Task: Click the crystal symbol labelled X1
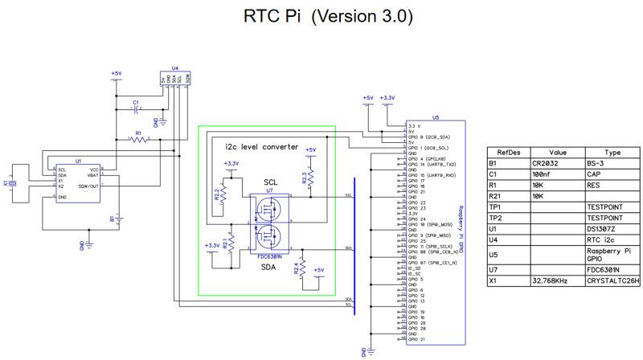12,183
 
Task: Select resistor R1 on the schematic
138,139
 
